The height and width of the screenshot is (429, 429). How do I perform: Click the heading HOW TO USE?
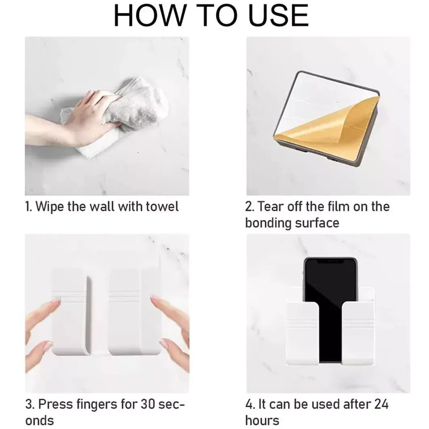pyautogui.click(x=211, y=16)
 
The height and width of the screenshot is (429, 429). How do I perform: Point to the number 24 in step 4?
pyautogui.click(x=380, y=404)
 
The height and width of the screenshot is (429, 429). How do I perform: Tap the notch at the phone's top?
pyautogui.click(x=330, y=261)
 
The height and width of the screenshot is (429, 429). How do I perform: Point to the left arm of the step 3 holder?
pyautogui.click(x=69, y=311)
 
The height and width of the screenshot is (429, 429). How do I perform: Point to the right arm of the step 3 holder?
pyautogui.click(x=125, y=311)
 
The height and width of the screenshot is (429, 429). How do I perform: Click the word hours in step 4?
pyautogui.click(x=262, y=420)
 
